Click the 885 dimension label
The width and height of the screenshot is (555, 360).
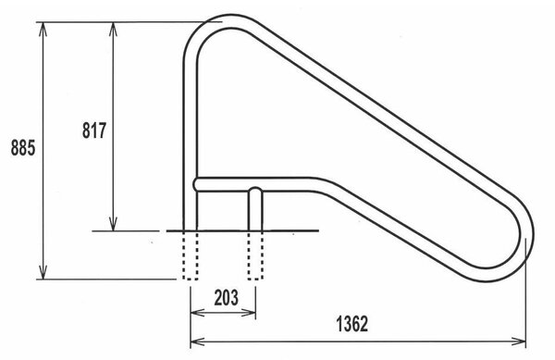(23, 148)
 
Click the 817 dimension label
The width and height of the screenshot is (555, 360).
(94, 130)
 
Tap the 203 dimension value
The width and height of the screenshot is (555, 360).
(227, 297)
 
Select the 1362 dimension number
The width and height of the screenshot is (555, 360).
(351, 324)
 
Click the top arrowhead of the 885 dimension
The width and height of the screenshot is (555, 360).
(43, 29)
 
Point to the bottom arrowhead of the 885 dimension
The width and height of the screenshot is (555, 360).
(43, 272)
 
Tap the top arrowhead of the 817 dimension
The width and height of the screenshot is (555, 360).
(113, 29)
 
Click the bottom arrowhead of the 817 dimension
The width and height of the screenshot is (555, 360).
(113, 224)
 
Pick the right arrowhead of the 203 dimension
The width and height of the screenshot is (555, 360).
(249, 312)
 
